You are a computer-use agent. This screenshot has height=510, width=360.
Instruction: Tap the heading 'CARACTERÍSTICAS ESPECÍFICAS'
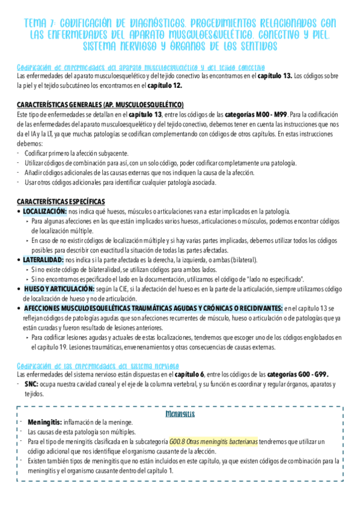tap(61, 201)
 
